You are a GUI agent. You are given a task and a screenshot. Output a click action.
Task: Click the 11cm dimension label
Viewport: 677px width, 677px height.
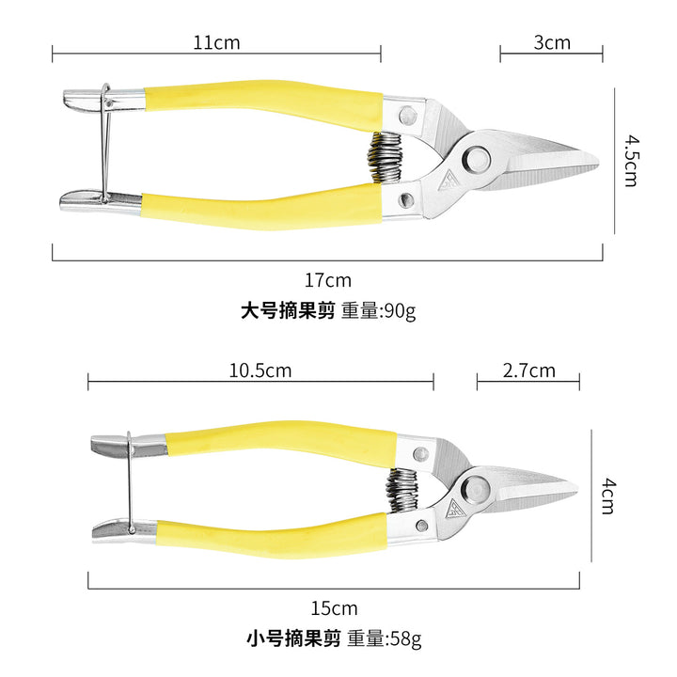216,42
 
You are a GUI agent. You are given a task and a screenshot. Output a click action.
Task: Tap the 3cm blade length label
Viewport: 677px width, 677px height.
552,42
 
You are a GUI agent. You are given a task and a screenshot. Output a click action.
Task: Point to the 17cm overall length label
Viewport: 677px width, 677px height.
328,280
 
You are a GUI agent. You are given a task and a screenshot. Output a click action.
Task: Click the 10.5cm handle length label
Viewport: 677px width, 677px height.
260,370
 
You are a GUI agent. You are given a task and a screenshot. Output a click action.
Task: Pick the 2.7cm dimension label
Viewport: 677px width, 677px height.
528,370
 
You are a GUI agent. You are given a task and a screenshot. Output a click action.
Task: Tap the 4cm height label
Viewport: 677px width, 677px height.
608,496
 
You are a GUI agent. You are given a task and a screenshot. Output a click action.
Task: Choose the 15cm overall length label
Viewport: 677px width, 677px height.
334,608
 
